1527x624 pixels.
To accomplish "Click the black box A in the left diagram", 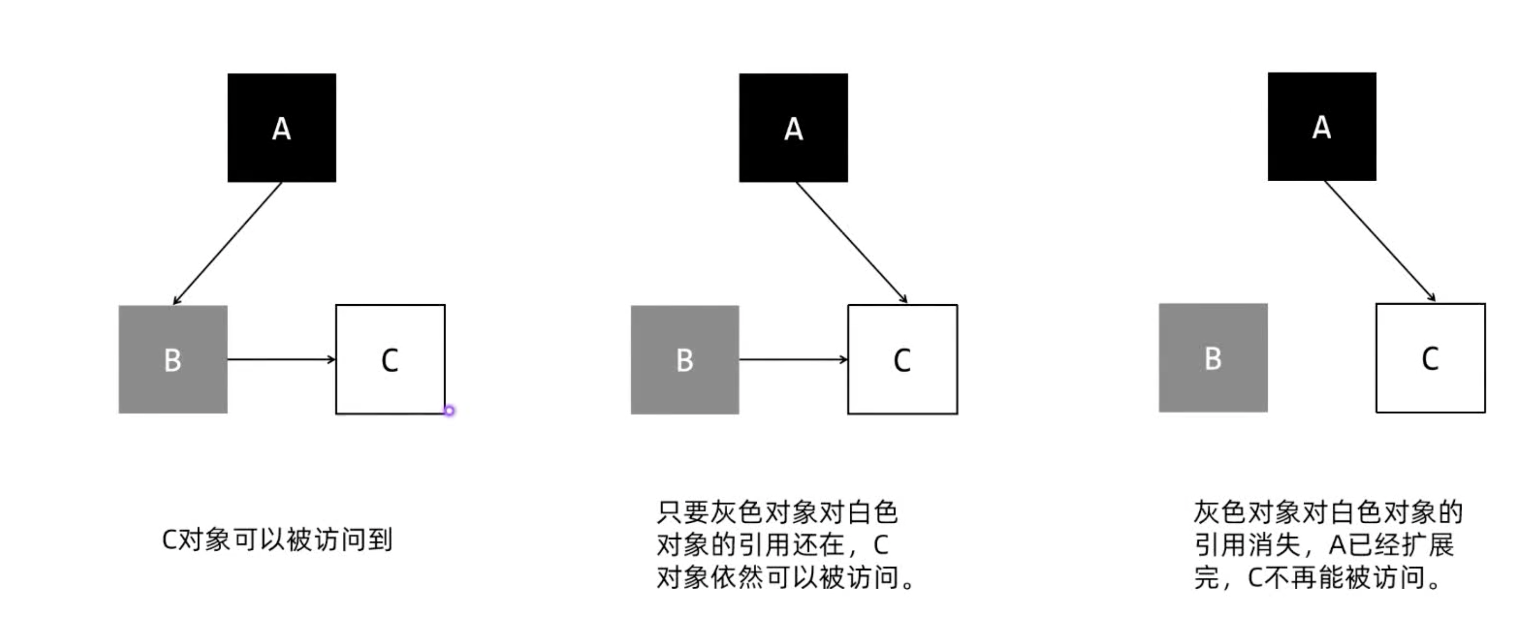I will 282,127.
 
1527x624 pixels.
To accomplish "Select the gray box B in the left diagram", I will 172,359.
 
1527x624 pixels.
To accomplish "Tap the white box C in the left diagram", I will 390,359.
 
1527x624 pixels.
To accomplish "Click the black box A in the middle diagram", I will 793,127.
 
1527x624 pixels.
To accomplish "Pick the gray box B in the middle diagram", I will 685,359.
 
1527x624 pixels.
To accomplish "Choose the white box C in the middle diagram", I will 902,359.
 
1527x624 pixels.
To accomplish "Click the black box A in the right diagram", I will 1322,126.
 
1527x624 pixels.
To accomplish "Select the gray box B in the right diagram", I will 1213,357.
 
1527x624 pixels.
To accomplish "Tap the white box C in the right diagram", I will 1430,357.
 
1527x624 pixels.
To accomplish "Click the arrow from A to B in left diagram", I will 227,243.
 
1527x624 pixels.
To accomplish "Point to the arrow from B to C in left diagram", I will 282,359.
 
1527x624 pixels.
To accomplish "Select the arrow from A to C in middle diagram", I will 851,242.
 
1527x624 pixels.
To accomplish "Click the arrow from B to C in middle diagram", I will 793,359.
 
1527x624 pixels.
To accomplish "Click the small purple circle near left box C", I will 449,411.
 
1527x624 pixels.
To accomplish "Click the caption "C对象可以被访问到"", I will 277,540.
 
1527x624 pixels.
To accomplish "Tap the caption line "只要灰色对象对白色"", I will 776,512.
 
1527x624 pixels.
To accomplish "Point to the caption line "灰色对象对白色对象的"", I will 1328,512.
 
